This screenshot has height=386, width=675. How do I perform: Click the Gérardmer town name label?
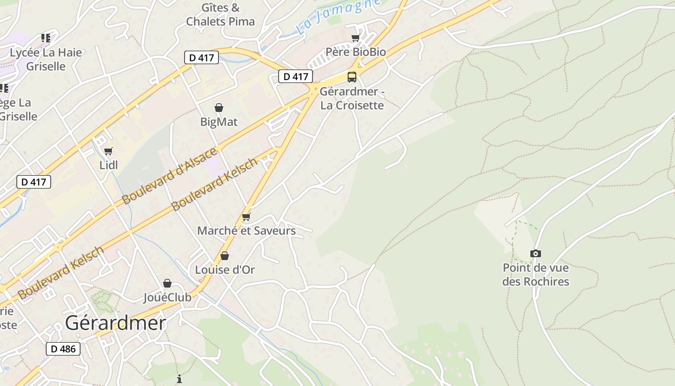coord(115,323)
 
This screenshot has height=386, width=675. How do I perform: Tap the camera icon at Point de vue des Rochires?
coord(535,254)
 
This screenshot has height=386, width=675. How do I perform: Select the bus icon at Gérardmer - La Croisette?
coord(352,77)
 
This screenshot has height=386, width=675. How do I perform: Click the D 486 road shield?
coord(63,349)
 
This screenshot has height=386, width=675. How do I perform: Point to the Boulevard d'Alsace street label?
coord(169,176)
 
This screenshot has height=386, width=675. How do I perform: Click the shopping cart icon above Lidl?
coord(108,152)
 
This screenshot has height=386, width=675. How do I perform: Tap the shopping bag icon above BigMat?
coord(219,108)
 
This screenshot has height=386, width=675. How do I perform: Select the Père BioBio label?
coord(356,52)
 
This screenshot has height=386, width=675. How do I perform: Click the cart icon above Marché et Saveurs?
coord(246,217)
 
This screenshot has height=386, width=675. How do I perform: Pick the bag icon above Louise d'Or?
coord(225,256)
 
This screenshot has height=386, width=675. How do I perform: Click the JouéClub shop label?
coord(167,297)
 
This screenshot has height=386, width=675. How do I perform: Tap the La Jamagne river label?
coord(337,16)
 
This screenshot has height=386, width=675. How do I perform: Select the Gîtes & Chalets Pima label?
coord(220,14)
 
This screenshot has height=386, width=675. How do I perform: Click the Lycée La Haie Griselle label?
coord(46,59)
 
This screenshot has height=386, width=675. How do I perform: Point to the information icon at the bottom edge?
coord(179,379)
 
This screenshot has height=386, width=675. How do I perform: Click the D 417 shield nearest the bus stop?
coord(296,76)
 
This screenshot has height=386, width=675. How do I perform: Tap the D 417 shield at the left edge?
coord(33,182)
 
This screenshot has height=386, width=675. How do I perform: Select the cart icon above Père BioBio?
coord(356,38)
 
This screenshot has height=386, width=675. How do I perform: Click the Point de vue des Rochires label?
coord(536,275)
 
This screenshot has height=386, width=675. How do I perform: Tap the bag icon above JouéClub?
coord(167,283)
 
